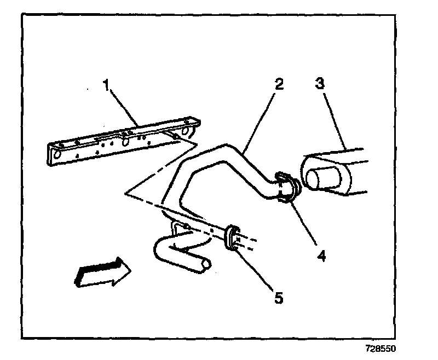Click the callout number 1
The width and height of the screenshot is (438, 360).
(107, 85)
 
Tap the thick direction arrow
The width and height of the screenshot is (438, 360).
(102, 272)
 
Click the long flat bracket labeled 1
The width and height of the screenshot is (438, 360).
(120, 140)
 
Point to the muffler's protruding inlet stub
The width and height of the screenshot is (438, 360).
(318, 179)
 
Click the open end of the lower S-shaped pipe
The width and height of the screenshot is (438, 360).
(206, 265)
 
